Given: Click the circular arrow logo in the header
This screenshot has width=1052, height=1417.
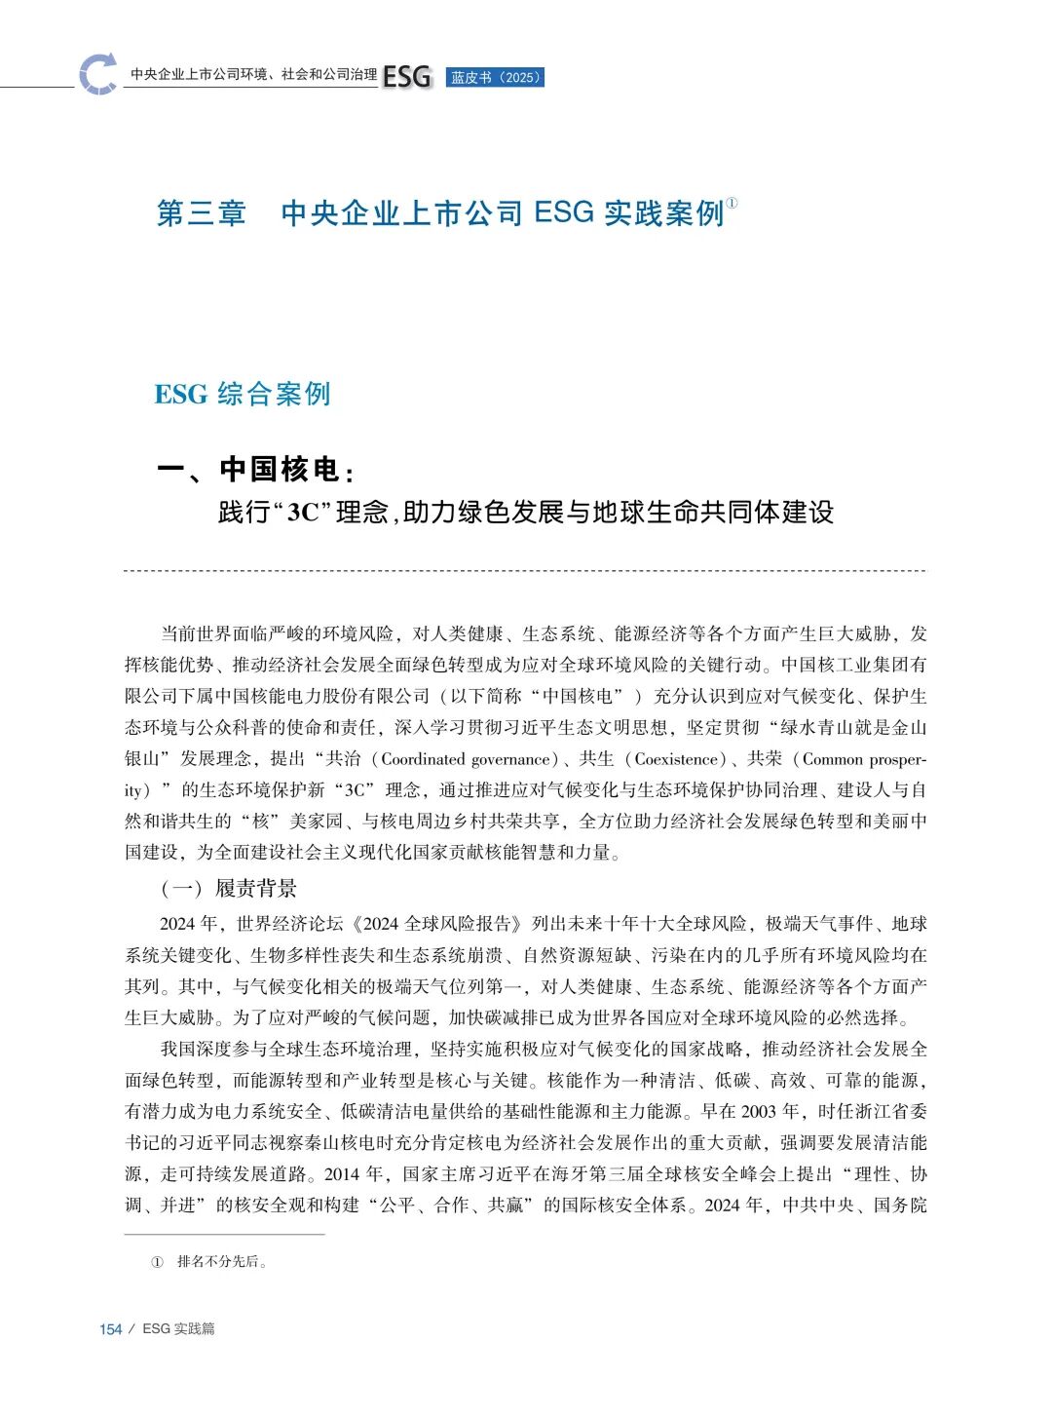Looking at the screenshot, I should point(98,74).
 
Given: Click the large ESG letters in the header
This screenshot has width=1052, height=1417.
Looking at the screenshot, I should point(406,77).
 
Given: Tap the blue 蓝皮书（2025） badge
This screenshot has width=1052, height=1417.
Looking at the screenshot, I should point(495,78).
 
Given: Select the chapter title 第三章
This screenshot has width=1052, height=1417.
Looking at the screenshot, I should point(202,213).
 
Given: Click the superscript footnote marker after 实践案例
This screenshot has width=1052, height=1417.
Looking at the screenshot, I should point(733,203).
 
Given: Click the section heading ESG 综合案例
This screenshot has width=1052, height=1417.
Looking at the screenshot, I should point(243,394).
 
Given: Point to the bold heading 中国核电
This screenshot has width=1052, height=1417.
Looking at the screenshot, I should point(279,470).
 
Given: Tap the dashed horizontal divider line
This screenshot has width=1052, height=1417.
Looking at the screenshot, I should point(525,571).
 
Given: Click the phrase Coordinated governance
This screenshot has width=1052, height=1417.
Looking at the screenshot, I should point(466,759).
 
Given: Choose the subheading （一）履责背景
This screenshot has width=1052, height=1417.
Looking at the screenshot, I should point(228,888).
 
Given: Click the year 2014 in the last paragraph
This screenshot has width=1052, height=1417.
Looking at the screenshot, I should point(342,1173).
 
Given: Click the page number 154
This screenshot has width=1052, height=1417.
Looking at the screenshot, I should point(111,1329).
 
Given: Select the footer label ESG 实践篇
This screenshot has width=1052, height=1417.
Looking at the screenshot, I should point(178,1328).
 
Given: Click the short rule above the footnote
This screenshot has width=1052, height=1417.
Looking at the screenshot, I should point(224,1235).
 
